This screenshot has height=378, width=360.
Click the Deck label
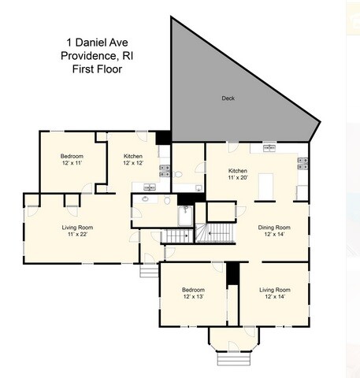pos(228,98)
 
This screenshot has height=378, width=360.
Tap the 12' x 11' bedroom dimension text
pos(72,163)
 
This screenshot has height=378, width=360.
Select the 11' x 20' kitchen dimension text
pos(238,177)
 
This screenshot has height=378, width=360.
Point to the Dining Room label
pos(274,228)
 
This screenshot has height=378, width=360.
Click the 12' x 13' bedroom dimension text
pos(194,297)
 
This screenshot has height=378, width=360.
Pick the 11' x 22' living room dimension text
pos(77,234)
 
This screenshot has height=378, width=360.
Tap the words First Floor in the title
pos(98,69)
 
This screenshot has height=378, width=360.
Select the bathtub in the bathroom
pos(186,216)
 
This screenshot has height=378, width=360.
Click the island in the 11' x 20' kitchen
pos(265,187)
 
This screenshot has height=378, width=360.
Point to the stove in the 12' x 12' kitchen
pos(165,171)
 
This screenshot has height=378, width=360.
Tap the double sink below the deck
pos(269,149)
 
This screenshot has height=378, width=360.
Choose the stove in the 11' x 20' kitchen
pos(302,163)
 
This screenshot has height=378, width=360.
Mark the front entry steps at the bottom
pos(234,359)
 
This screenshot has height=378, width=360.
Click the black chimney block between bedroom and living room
pos(233,273)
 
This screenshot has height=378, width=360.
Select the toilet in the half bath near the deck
pos(178,174)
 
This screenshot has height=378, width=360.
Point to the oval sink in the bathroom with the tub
pos(145,199)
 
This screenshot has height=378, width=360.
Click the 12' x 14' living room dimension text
pos(275,297)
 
